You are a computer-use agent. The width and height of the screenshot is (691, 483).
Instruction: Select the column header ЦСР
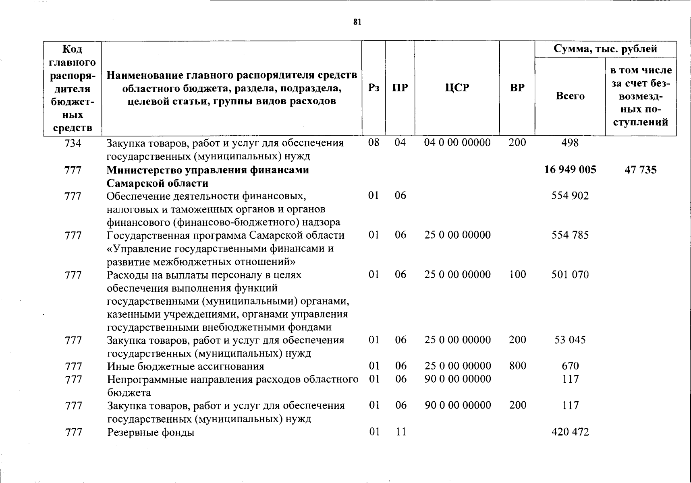point(457,88)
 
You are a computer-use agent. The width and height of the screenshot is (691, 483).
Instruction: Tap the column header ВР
point(517,88)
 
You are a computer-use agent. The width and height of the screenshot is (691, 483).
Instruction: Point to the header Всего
point(570,96)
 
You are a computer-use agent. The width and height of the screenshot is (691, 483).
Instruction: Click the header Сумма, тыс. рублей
point(606,49)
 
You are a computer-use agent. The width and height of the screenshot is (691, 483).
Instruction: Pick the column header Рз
point(374,88)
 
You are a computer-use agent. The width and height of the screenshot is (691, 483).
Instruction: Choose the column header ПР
point(400,88)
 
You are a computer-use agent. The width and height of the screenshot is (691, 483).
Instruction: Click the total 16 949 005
point(570,169)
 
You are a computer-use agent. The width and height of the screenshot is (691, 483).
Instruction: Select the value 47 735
point(641,169)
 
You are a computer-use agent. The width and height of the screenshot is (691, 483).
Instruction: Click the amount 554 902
point(570,196)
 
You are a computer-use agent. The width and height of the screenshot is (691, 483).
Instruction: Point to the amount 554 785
point(570,235)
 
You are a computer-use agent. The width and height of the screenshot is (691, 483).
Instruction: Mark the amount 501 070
point(570,275)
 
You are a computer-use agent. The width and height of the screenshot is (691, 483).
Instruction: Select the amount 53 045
point(570,340)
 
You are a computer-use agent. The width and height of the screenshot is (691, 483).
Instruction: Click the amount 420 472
point(570,432)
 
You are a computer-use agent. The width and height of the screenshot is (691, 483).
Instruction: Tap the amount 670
point(570,366)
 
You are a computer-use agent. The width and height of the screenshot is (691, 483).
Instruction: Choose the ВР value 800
point(518,366)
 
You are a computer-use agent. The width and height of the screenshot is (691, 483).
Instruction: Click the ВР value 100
point(518,275)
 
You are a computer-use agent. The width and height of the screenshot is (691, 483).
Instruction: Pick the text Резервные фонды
point(151,433)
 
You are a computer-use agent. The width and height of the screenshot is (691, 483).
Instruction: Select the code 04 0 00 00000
point(458,143)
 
